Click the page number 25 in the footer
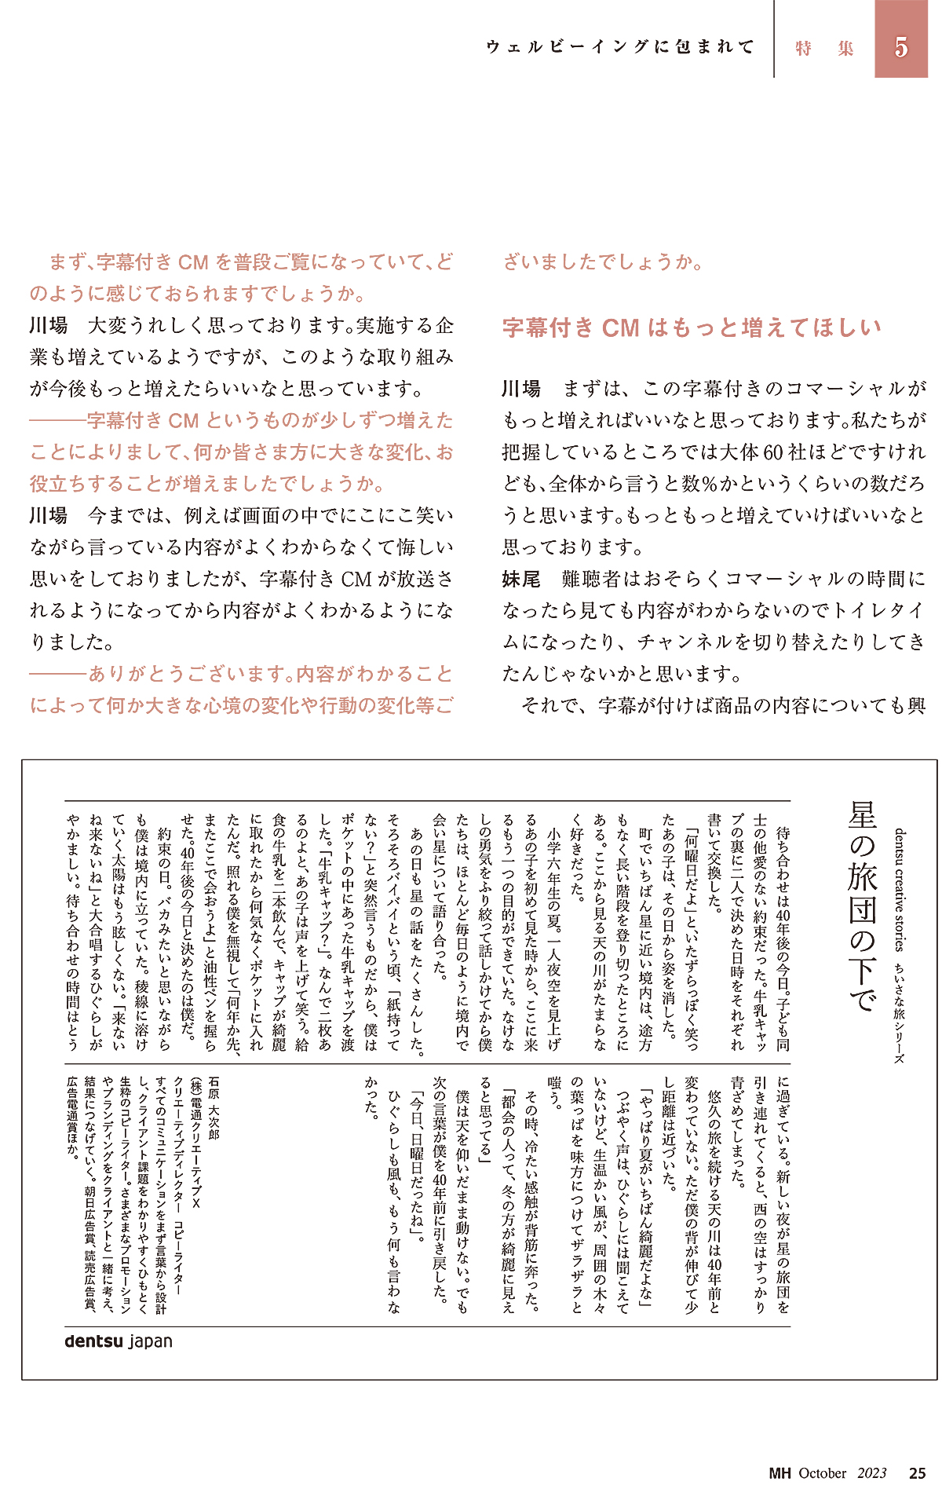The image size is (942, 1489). tap(917, 1473)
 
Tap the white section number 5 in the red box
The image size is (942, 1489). tap(901, 47)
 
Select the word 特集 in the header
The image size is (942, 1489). tap(823, 49)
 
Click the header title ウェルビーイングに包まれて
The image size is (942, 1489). tap(619, 47)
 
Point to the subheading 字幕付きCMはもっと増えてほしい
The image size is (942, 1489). tap(692, 327)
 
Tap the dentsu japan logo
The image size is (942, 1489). tap(119, 1341)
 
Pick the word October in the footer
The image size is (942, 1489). tap(822, 1473)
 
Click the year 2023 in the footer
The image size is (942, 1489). tap(871, 1473)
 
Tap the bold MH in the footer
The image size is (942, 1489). tap(780, 1473)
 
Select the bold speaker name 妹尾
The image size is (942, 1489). tap(521, 580)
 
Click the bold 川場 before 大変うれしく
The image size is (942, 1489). tap(49, 326)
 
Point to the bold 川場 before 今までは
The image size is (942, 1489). tap(49, 516)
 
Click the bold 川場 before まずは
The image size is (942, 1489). tap(521, 389)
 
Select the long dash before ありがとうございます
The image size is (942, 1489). tap(57, 675)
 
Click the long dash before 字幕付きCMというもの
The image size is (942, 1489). tap(57, 421)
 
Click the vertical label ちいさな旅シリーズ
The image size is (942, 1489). tap(900, 1015)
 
